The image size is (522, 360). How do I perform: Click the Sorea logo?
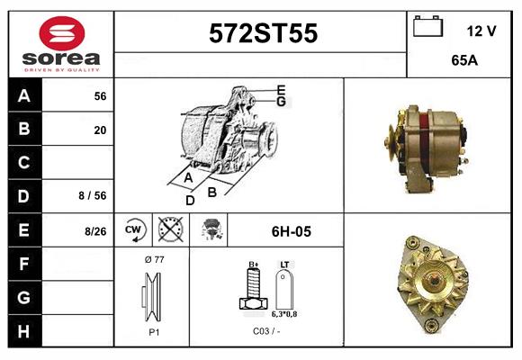[61, 46]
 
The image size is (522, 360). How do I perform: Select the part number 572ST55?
[262, 33]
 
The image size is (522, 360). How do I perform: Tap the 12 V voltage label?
[481, 31]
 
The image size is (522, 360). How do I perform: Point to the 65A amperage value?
[463, 62]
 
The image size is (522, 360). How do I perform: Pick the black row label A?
[24, 96]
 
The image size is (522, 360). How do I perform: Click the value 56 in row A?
[99, 96]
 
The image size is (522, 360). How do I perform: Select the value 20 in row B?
[99, 130]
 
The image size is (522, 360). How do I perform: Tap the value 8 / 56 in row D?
[94, 194]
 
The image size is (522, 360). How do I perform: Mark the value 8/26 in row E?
[95, 231]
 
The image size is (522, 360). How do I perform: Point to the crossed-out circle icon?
[168, 231]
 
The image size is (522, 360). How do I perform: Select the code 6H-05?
[291, 231]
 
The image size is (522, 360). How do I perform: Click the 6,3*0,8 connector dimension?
[285, 314]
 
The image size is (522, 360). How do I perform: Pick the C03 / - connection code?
[266, 331]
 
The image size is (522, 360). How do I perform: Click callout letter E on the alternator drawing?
[281, 89]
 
